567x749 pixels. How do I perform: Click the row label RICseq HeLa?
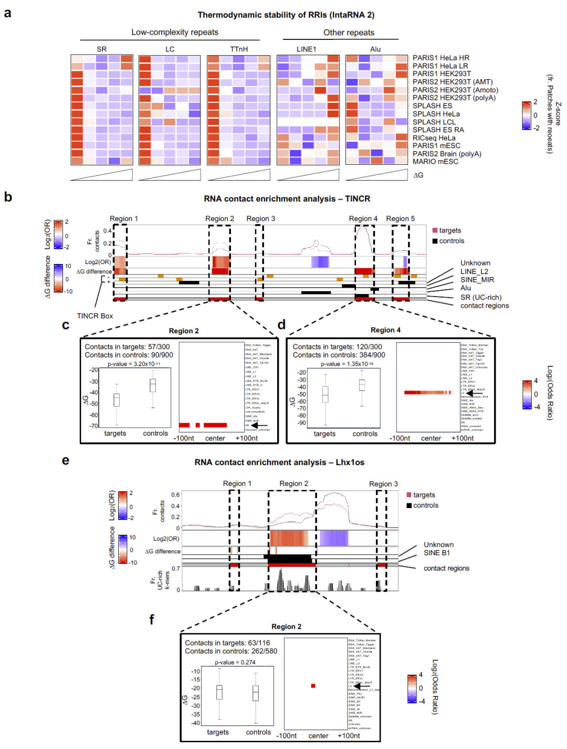point(434,138)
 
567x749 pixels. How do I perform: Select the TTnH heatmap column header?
point(238,49)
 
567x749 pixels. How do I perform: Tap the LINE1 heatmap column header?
point(306,49)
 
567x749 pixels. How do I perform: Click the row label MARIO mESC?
point(435,162)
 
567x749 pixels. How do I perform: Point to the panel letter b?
point(8,197)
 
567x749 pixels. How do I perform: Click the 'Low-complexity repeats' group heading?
point(174,32)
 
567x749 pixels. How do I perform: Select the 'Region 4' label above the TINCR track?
point(363,218)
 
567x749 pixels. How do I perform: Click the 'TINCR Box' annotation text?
point(94,316)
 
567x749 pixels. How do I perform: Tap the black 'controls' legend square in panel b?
point(435,241)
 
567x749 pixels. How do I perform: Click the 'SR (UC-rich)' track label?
point(480,297)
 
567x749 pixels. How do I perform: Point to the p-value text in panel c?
point(134,364)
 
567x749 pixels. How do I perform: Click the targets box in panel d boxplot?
point(325,394)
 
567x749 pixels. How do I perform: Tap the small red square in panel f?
point(313,685)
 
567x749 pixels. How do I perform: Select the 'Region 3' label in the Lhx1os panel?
point(383,484)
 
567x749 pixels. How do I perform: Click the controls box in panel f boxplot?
point(256,693)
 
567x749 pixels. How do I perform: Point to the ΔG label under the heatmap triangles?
point(418,175)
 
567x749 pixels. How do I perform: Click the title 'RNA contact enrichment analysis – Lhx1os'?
point(279,462)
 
